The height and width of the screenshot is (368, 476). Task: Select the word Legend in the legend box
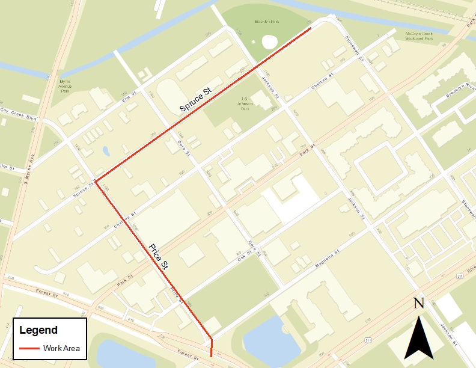tap(38, 330)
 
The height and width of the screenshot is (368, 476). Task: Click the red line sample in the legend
tap(29, 348)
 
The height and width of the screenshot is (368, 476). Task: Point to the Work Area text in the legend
tap(61, 348)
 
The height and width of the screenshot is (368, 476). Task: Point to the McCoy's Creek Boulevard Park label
tap(410, 35)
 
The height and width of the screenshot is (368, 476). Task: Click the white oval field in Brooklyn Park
tap(269, 42)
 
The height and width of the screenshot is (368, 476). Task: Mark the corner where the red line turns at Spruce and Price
tap(96, 180)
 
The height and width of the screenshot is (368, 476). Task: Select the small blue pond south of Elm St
tap(106, 150)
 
